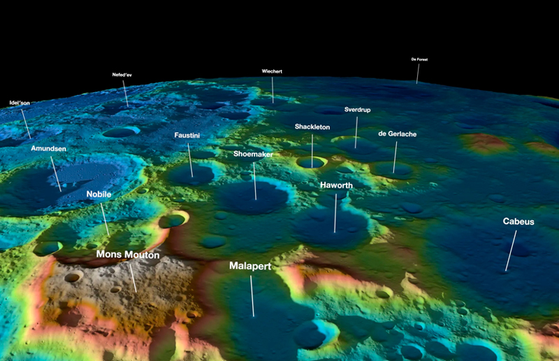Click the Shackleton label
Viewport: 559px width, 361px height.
tap(312, 127)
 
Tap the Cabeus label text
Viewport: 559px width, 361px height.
tap(518, 221)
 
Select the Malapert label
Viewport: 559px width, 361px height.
tap(249, 267)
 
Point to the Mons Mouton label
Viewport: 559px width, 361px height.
tap(128, 255)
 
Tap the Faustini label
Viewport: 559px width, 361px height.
tap(187, 135)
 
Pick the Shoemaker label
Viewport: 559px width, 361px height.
tap(253, 154)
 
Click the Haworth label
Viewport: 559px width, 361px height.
tap(336, 185)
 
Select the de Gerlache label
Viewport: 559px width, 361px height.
tap(397, 133)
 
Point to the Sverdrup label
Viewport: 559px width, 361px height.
tap(357, 110)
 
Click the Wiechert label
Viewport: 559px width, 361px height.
tap(272, 72)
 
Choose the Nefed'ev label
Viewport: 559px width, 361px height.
tap(122, 74)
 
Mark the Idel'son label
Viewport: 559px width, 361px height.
tap(20, 103)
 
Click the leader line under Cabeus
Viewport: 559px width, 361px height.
tap(511, 250)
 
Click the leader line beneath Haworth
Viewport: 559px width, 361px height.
tap(335, 213)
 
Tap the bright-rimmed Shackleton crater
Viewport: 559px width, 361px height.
tap(311, 162)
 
